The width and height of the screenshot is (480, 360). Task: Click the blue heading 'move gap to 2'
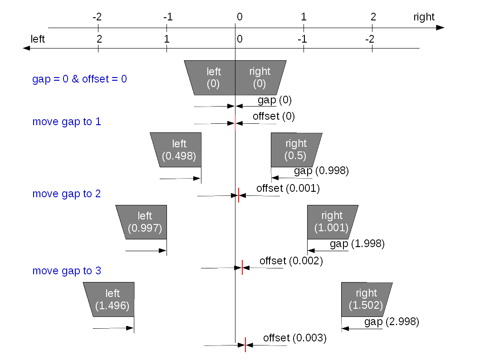pos(66,194)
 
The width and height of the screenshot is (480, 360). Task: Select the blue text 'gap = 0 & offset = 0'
pos(79,79)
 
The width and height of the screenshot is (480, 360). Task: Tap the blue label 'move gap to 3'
pos(67,271)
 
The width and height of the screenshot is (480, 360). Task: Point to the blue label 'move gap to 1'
pos(67,122)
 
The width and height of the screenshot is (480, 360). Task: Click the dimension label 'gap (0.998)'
pos(321,170)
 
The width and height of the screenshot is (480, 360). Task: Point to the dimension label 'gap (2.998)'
pos(392,322)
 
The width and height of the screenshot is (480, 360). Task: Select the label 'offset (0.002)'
pos(291,261)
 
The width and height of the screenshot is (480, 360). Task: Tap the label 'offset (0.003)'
pos(295,338)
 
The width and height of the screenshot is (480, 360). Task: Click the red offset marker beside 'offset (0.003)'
pos(245,345)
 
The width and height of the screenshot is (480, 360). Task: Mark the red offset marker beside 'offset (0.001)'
pos(239,195)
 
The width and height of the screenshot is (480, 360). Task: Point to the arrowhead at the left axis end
pos(26,49)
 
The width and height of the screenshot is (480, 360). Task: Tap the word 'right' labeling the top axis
pos(424,17)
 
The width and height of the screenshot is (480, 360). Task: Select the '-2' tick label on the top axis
pos(97,17)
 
